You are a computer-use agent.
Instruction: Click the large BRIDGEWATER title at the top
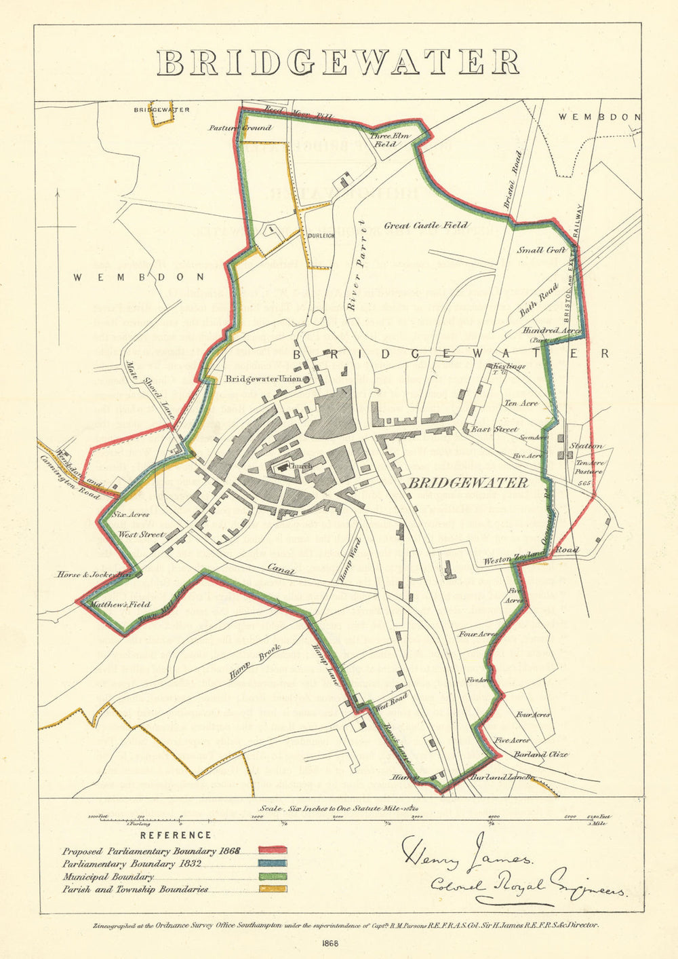(338, 62)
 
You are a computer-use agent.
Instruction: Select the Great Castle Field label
(426, 225)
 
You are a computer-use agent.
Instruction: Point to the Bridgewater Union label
(262, 379)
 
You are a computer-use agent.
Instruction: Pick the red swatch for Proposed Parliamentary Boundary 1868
(272, 850)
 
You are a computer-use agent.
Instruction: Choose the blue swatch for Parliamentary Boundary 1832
(272, 863)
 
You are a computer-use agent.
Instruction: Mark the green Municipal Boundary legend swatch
(272, 876)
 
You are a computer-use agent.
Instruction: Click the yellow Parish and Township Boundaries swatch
(272, 889)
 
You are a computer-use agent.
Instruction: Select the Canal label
(280, 570)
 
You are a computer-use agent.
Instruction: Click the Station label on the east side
(586, 446)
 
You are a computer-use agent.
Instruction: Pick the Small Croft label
(541, 250)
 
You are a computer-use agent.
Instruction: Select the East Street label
(495, 429)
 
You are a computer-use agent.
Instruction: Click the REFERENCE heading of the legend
(176, 835)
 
